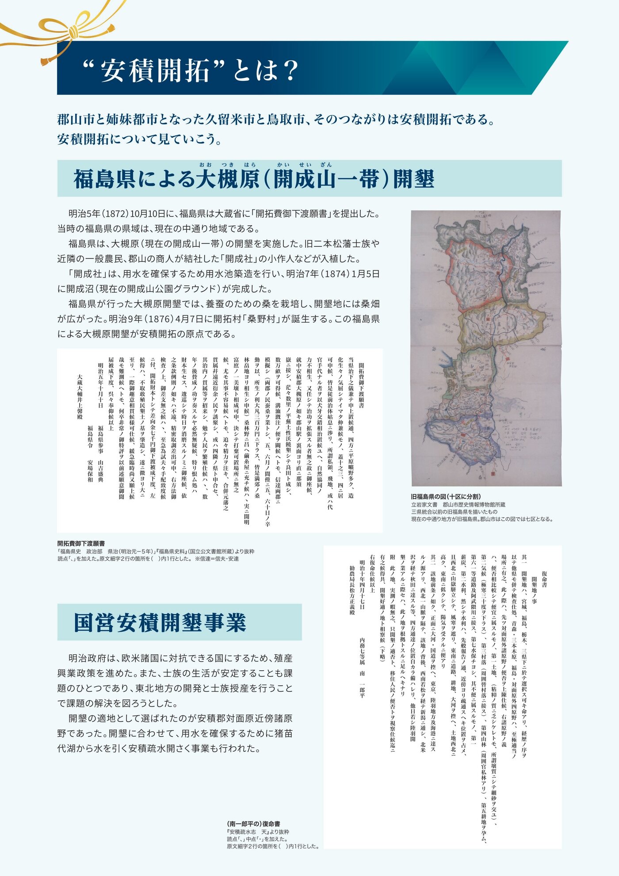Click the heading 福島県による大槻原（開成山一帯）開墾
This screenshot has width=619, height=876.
tap(254, 179)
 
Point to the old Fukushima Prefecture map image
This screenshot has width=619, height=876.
tap(486, 348)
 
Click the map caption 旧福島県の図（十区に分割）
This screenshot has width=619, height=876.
tap(446, 497)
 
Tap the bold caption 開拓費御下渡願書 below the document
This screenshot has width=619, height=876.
tap(81, 543)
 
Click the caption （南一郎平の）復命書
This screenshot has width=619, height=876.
tap(253, 824)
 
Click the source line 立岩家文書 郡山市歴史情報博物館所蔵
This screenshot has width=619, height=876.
tap(458, 505)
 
